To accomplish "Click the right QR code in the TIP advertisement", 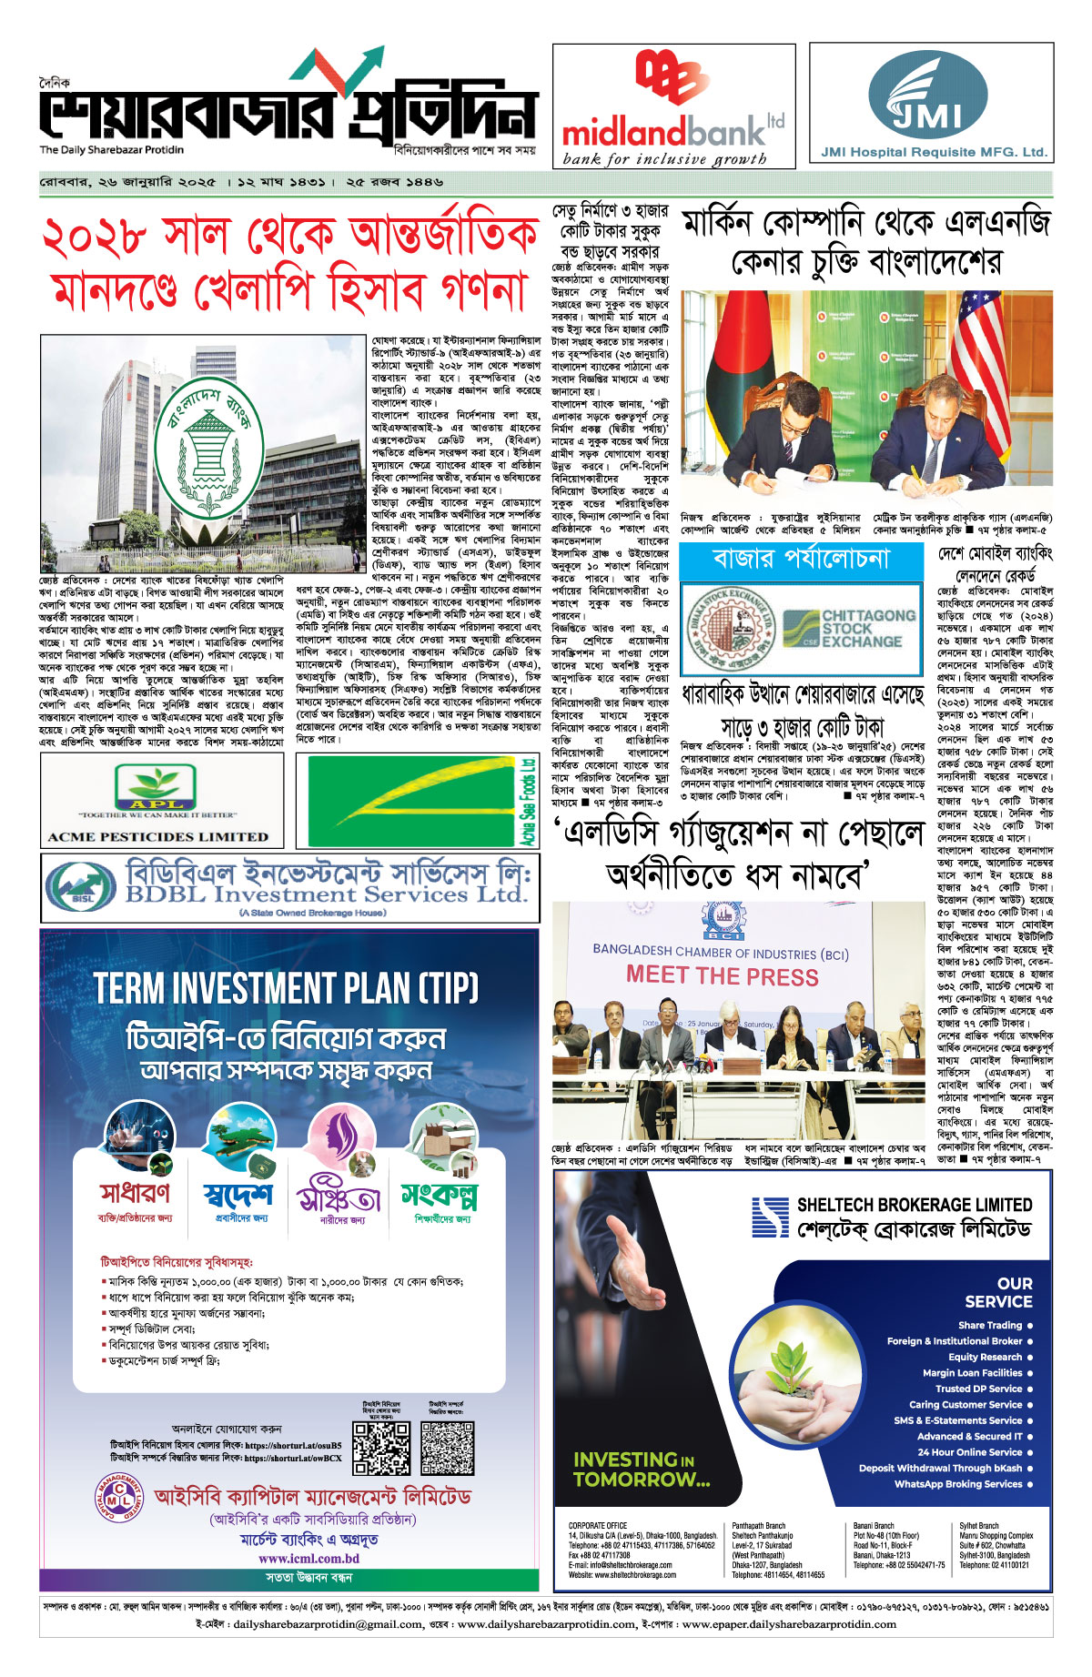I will tap(447, 1448).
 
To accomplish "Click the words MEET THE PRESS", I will tap(722, 976).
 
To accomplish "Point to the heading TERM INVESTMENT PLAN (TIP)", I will tap(286, 988).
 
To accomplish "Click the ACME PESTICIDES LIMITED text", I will tap(157, 836).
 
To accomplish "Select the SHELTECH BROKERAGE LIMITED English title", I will tap(914, 1205).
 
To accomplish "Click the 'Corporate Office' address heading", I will tap(597, 1526).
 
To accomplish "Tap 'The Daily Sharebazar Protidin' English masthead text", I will tap(111, 150).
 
